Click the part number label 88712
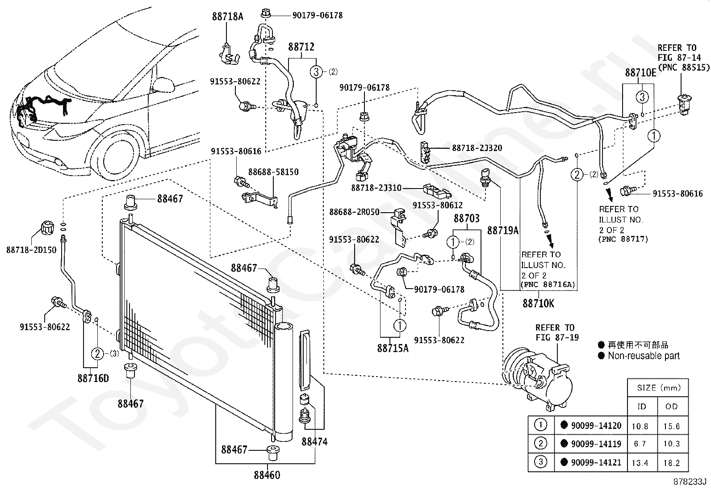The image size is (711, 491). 301,47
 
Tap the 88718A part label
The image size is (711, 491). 227,17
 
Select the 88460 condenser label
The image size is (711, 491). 267,475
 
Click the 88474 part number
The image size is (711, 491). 314,442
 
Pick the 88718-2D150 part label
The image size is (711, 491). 31,250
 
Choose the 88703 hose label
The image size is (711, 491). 467,218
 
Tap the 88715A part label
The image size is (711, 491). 393,348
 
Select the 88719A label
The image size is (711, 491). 503,231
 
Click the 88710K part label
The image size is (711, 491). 539,304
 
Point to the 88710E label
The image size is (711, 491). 640,73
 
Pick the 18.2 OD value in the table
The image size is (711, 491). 672,462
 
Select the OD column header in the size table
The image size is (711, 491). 672,407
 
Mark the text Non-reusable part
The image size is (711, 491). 643,356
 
